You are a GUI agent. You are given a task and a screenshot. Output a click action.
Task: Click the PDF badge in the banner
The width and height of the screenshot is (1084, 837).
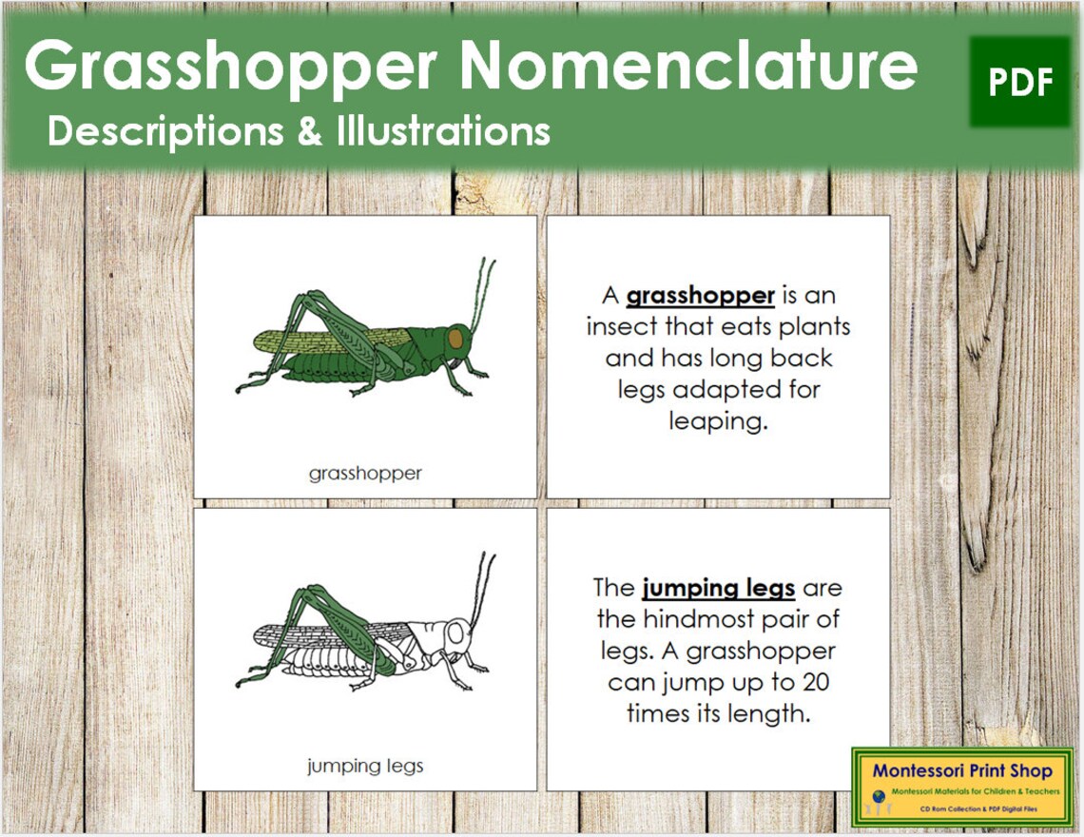point(1019,83)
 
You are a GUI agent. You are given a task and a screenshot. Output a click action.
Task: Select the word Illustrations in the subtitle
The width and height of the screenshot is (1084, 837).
point(443,131)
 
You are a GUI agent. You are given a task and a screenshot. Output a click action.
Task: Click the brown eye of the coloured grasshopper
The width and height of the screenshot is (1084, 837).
point(456,339)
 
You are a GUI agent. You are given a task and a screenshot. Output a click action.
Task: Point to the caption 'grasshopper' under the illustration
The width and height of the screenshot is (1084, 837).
point(365,473)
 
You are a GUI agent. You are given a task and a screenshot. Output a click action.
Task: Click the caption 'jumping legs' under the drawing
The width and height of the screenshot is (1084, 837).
point(365,765)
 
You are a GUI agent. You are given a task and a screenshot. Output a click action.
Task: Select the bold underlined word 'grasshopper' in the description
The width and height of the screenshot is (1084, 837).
point(700,296)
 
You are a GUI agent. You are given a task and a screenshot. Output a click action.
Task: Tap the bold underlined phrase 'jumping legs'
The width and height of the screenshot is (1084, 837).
point(718,588)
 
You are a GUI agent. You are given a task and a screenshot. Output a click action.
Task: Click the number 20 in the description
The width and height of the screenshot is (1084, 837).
point(814,682)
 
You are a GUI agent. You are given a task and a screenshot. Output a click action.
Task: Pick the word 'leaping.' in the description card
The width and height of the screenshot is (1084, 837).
point(718,421)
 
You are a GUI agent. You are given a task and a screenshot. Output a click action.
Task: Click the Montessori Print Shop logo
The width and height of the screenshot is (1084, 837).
point(962,786)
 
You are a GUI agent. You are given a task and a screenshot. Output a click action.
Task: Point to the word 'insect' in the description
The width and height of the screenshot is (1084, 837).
point(622,327)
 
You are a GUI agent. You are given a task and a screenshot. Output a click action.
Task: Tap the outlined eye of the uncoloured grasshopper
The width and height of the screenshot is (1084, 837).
point(457,633)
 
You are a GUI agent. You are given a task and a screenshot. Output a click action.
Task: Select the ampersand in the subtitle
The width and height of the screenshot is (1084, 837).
point(310,131)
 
